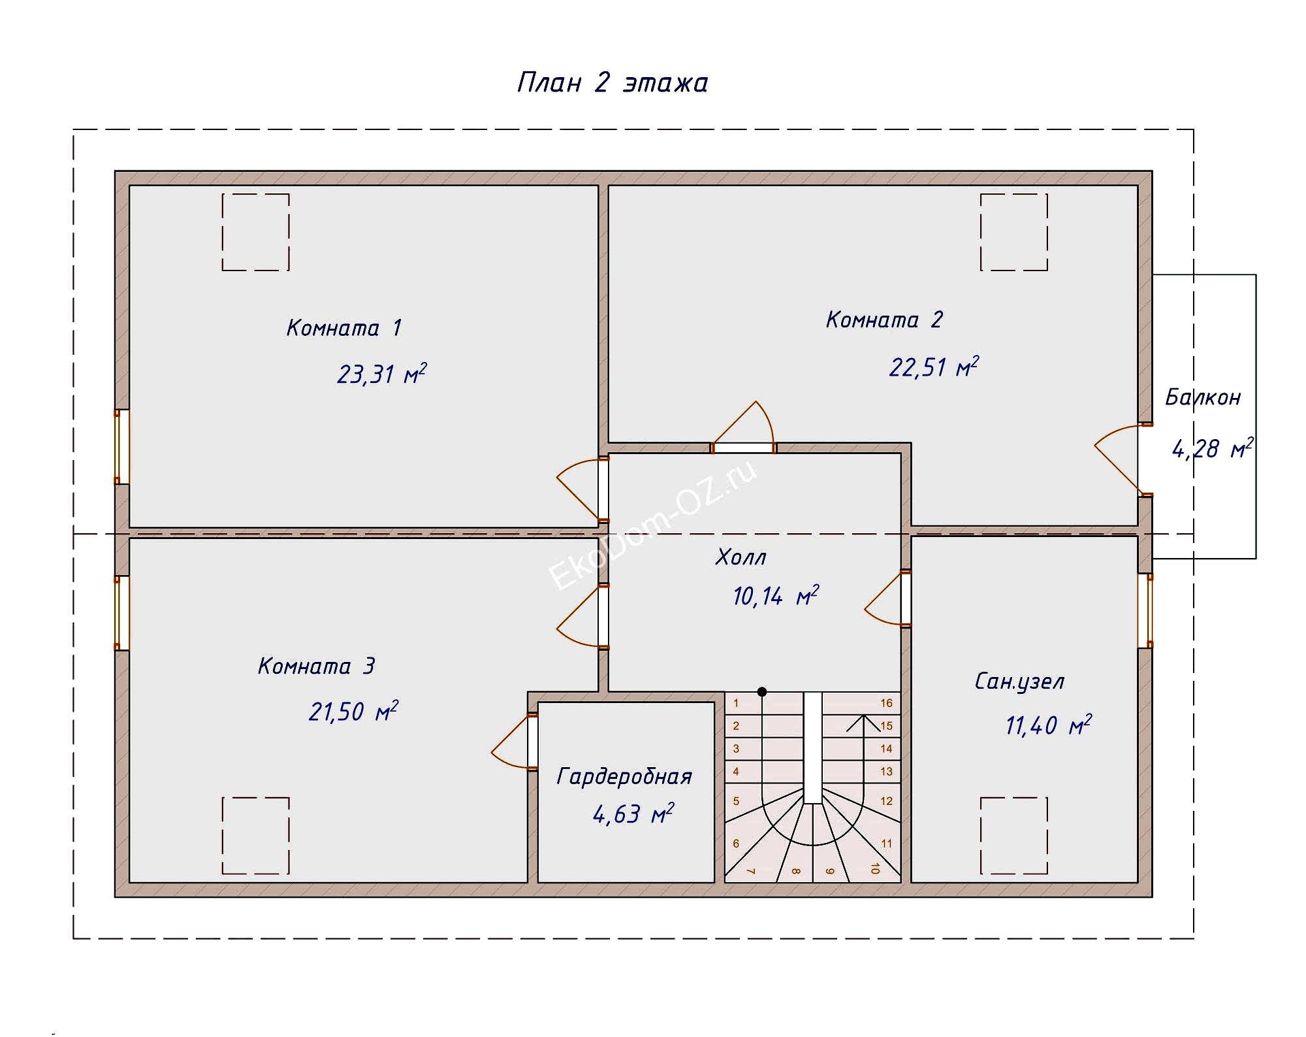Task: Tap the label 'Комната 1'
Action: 343,327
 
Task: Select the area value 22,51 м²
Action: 933,367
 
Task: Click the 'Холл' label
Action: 741,557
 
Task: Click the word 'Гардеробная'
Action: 624,776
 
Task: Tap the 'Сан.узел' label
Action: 1019,682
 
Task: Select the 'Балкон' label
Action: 1202,397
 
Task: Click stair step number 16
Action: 886,703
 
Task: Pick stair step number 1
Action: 736,703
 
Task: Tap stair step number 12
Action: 886,801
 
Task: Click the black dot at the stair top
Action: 761,691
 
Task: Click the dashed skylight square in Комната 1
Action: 255,232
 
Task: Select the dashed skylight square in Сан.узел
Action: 1013,835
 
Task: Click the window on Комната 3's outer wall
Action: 121,613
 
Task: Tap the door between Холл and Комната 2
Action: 743,448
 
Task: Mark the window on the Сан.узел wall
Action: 1145,610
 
